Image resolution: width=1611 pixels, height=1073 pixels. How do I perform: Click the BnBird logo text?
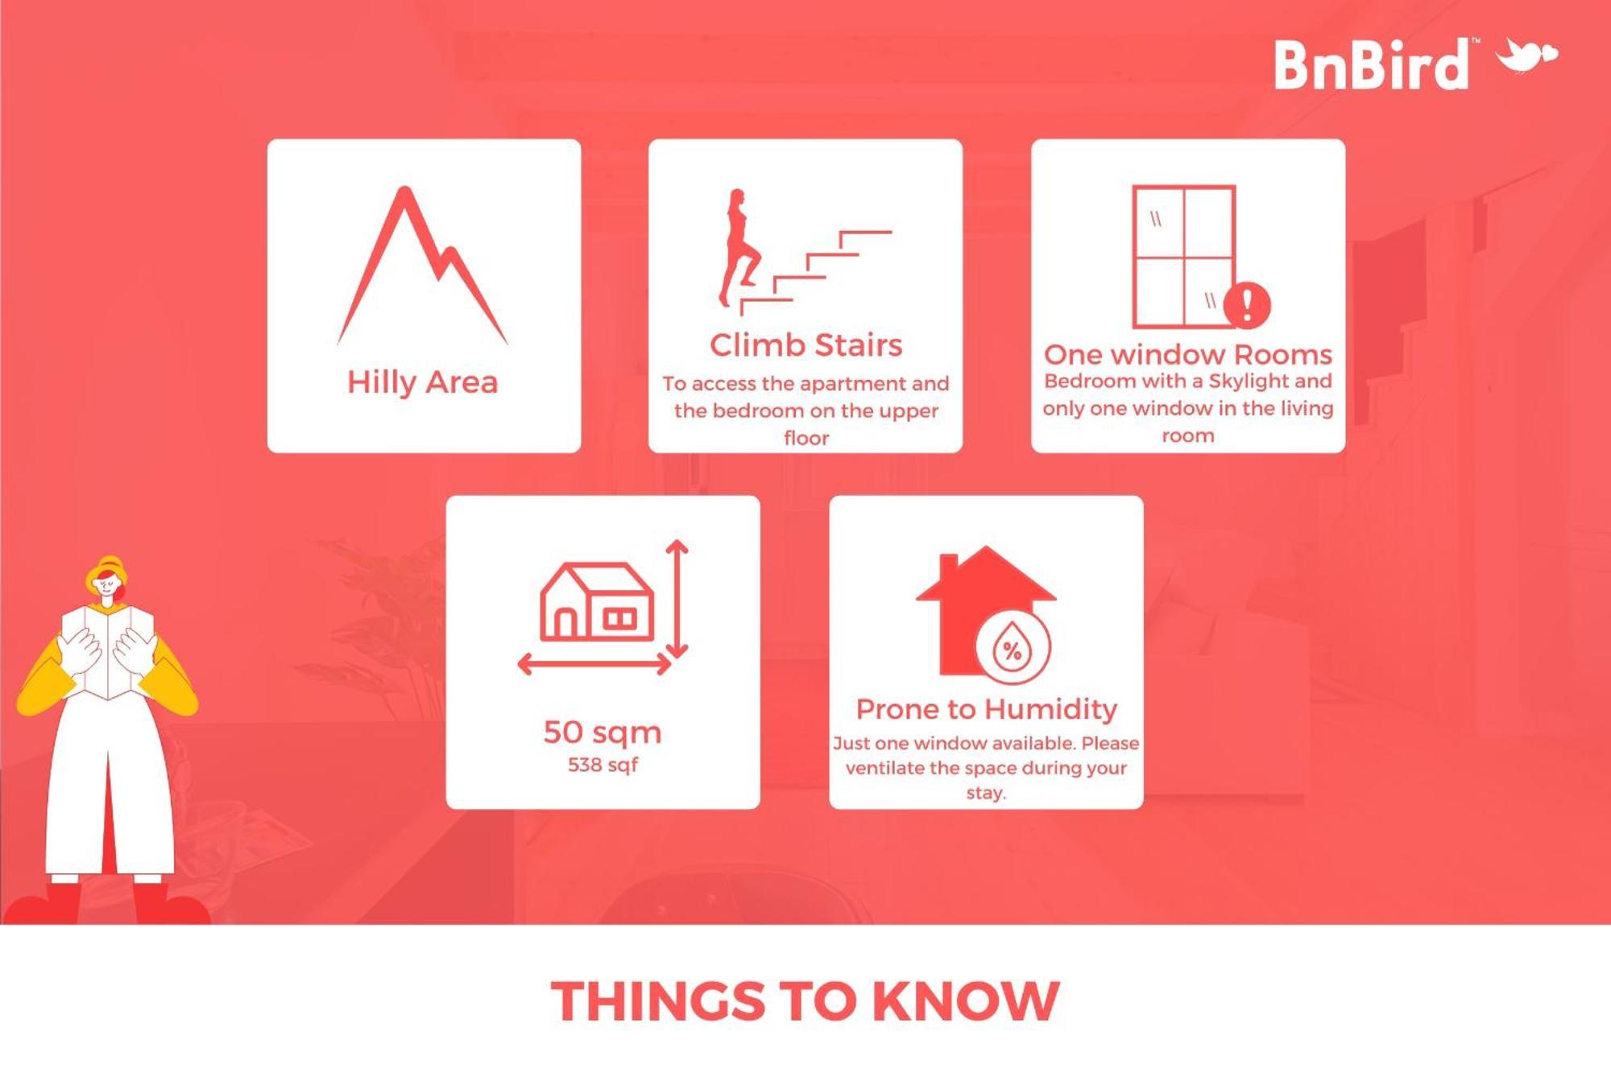[1371, 64]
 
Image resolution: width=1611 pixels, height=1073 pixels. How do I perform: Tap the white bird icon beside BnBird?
[1526, 55]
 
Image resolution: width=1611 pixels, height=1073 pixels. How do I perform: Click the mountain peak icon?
[422, 266]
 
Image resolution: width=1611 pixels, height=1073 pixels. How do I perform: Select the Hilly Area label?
[423, 382]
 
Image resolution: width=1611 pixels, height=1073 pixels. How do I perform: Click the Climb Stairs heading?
[805, 345]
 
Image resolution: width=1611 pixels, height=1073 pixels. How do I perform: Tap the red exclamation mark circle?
[1247, 305]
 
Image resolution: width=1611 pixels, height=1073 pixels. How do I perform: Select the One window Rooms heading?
[1188, 354]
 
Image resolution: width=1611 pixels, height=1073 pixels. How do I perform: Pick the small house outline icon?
[597, 602]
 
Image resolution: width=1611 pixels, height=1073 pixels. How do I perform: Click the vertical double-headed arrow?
[677, 599]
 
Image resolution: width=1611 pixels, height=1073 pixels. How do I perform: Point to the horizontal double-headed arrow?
[594, 664]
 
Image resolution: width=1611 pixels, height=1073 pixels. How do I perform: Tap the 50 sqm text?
[603, 733]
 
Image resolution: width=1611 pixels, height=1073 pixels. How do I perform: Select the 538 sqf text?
[603, 765]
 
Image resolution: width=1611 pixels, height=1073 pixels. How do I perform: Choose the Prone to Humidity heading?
[987, 709]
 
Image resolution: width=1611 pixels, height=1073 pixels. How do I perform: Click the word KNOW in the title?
[966, 1001]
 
